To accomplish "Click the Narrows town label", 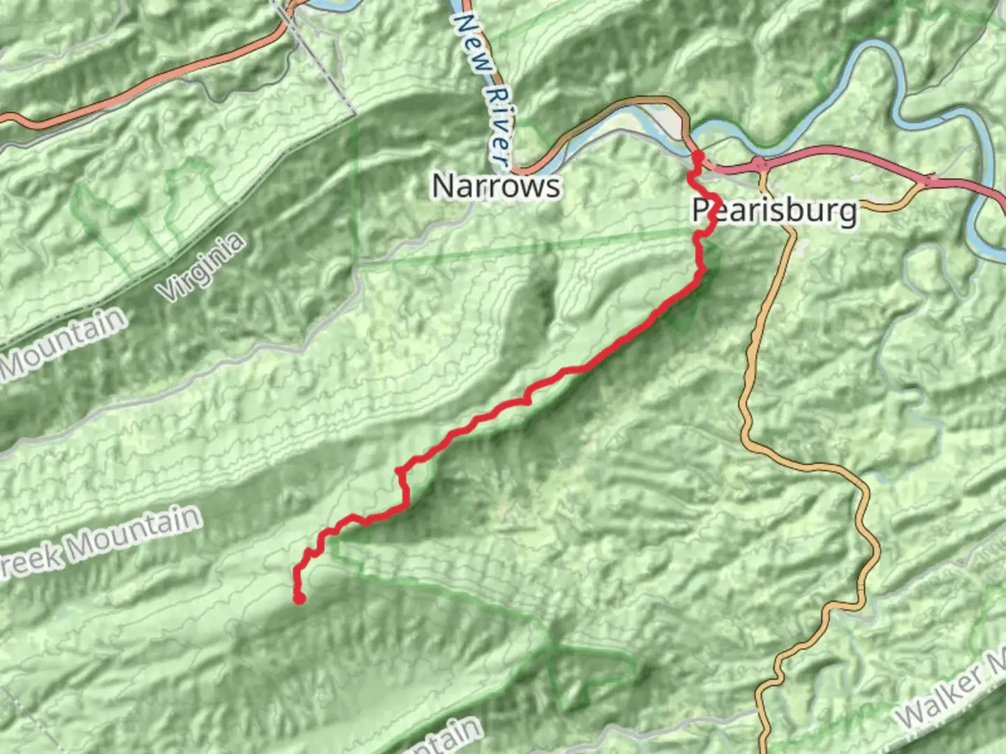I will pos(496,186).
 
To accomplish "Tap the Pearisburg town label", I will pos(774,209).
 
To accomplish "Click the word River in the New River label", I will pos(497,126).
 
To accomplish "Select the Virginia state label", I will pos(203,267).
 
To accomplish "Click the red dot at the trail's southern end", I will pos(299,598).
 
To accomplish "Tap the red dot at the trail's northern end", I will pos(697,155).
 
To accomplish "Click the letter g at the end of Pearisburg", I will pos(848,212).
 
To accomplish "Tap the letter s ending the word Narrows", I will pos(553,187).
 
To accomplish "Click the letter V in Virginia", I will pos(170,291).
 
